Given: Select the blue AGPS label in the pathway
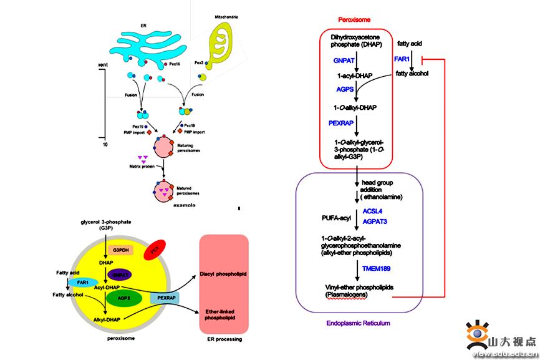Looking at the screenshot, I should coord(345,90).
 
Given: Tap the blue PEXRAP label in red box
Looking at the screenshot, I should coord(341,123).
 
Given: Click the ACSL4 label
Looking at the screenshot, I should coord(372,211).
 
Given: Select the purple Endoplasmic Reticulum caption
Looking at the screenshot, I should coord(359,323).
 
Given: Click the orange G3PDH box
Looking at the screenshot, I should coord(121,250).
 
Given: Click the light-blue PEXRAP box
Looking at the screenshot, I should coord(164,299).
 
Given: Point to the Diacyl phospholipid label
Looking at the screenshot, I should coord(223,273).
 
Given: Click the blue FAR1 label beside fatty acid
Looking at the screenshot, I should coord(402,58).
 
